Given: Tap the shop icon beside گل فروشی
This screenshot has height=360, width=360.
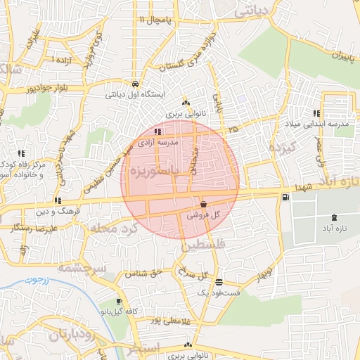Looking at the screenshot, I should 203,204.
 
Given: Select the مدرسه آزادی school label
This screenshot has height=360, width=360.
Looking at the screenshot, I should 158,142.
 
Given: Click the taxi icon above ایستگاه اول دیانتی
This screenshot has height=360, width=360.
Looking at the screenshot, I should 134,82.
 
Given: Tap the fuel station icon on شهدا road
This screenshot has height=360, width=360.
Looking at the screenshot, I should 285,198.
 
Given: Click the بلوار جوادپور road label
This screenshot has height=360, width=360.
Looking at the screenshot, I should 31,89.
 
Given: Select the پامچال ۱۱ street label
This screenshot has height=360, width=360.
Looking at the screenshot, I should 155,19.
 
